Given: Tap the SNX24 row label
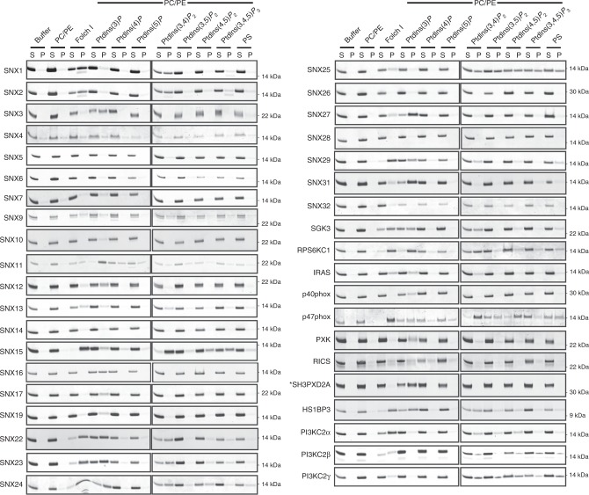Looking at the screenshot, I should point(12,482).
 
